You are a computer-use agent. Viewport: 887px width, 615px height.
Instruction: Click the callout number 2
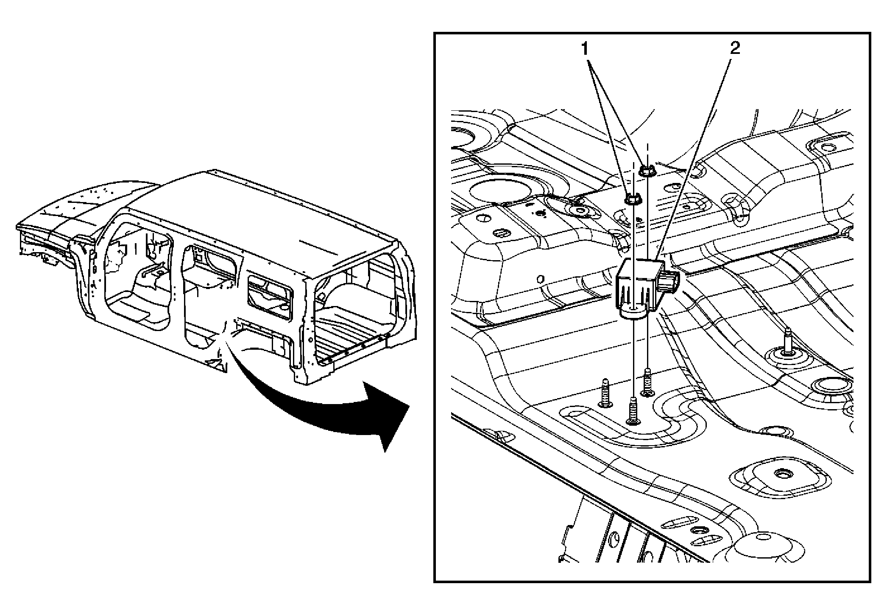coord(735,49)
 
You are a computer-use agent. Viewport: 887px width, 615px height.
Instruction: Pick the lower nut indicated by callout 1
coord(632,198)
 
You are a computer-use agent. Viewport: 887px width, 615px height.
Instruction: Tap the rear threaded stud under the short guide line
coord(647,382)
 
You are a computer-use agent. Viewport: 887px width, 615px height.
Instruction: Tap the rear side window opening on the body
coord(269,297)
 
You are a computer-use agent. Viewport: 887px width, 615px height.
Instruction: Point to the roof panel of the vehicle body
coord(263,212)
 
